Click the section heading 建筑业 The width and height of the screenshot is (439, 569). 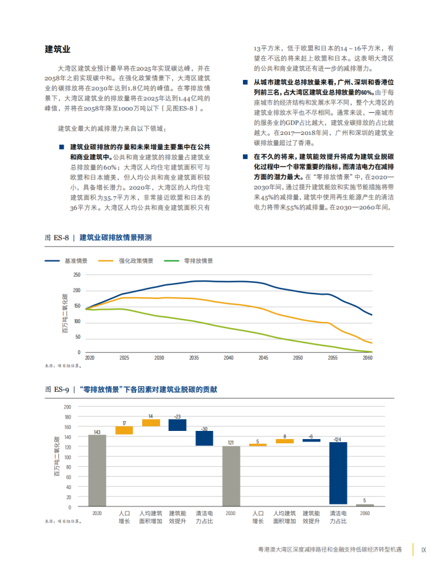click(x=58, y=49)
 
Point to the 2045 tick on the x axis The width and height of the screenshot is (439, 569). click(x=264, y=358)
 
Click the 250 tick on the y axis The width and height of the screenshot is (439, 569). click(x=77, y=275)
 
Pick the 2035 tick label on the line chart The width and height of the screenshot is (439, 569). click(x=194, y=358)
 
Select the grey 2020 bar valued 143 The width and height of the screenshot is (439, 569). click(x=97, y=471)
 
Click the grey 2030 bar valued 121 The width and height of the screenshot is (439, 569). click(x=231, y=476)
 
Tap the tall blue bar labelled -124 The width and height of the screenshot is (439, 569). click(x=338, y=473)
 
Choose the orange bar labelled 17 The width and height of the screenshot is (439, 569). click(x=124, y=430)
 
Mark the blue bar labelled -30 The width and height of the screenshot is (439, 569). click(x=204, y=438)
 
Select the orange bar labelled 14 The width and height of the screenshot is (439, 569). click(x=151, y=423)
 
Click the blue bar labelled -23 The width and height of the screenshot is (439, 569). click(x=177, y=425)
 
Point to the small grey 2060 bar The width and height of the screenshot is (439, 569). click(x=365, y=505)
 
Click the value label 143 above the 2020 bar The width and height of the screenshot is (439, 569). click(x=97, y=432)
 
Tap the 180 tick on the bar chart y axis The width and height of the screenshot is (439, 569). click(x=67, y=417)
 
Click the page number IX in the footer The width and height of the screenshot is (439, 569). click(x=424, y=550)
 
